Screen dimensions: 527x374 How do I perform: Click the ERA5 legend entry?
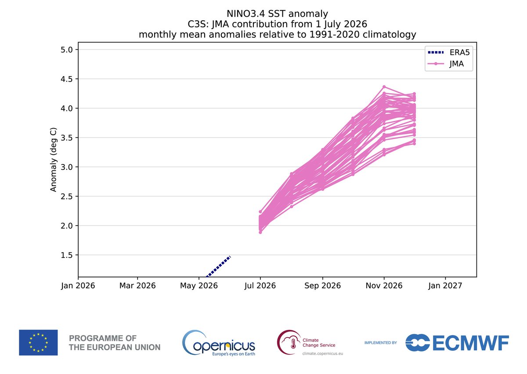(448, 52)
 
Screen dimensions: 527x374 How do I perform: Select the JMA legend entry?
(446, 64)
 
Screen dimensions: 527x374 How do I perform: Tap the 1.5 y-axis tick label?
(67, 255)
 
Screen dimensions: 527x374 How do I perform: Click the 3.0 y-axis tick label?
(67, 167)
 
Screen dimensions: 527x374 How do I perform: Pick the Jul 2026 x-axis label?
(260, 286)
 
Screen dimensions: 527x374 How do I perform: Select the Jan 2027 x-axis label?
(445, 286)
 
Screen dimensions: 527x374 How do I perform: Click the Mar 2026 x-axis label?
(137, 286)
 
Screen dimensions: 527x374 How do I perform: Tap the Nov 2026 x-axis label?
(384, 286)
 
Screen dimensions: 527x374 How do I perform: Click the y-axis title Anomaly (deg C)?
(54, 160)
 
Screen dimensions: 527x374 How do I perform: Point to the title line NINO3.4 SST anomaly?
(277, 14)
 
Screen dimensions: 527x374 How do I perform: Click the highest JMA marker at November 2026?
(384, 87)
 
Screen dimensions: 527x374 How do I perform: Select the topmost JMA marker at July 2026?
(260, 212)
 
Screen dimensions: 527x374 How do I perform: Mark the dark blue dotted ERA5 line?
(218, 267)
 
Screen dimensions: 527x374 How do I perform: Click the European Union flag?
(38, 342)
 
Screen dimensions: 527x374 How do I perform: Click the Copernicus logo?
(219, 343)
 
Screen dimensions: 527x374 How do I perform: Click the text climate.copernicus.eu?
(322, 353)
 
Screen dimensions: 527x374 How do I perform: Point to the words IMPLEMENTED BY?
(381, 343)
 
